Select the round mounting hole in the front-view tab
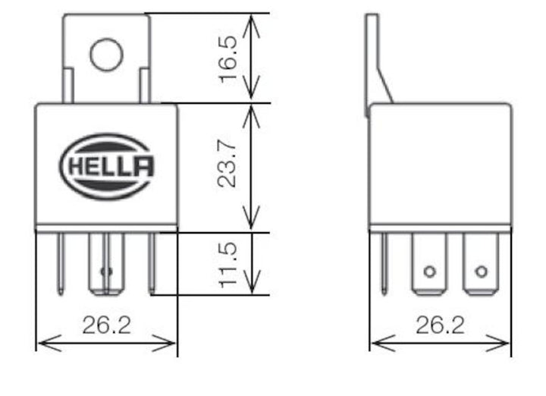[x=106, y=55]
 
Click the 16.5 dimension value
[x=228, y=58]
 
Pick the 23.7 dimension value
[x=228, y=168]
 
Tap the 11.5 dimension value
[x=228, y=265]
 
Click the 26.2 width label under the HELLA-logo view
[x=107, y=325]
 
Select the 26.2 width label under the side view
[x=440, y=325]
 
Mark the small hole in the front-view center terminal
[x=106, y=271]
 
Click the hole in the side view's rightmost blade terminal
[x=480, y=271]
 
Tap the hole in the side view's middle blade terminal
[x=430, y=271]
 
